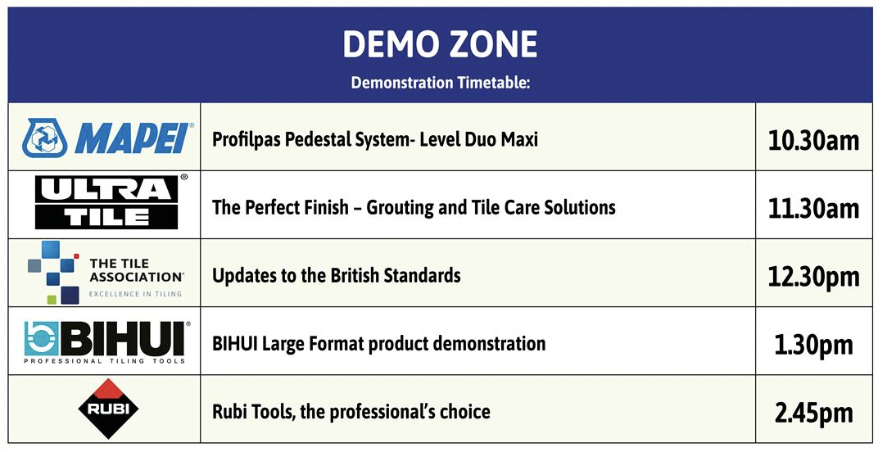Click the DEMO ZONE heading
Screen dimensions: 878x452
[x=440, y=43]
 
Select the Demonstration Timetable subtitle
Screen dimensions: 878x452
[x=440, y=83]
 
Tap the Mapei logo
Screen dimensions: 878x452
[x=108, y=138]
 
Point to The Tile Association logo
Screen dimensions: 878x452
[x=106, y=273]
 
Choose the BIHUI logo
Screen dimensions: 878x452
[x=107, y=342]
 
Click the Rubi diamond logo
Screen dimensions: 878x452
[x=108, y=408]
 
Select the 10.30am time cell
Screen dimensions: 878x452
[x=813, y=139]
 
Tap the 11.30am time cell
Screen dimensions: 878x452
[x=813, y=208]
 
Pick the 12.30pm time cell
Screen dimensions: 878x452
[x=813, y=277]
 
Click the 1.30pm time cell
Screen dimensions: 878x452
[x=813, y=345]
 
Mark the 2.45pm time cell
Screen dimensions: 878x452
[x=813, y=414]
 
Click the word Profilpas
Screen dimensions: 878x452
[x=247, y=139]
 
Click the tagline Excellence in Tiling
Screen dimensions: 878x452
[x=135, y=293]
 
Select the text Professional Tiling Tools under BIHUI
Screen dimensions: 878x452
[x=104, y=361]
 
